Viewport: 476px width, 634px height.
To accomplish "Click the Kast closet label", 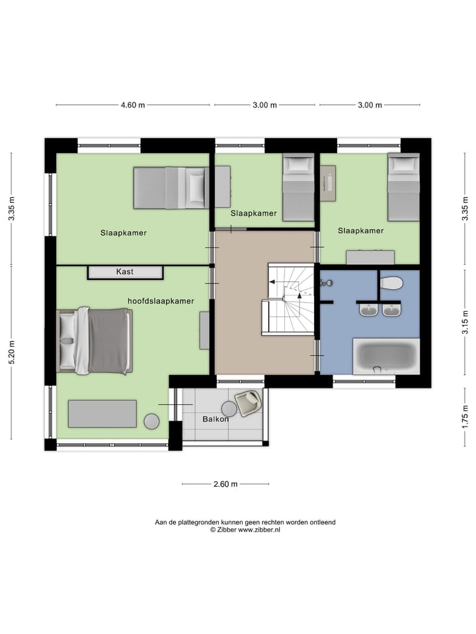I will point(125,271).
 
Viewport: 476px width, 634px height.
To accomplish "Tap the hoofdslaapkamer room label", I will point(161,300).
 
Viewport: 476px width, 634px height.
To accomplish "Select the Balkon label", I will point(216,419).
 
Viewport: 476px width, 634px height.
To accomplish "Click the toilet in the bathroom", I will point(391,283).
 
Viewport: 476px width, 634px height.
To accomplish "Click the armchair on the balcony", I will point(248,402).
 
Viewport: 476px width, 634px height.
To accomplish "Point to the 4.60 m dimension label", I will point(132,105).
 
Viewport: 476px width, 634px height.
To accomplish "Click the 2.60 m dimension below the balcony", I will point(225,484).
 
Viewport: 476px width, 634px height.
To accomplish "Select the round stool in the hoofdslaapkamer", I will point(151,421).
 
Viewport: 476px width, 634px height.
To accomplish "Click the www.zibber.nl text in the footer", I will point(258,530).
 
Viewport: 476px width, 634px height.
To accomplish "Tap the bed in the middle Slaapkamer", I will point(297,188).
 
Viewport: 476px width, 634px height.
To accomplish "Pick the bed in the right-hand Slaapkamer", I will point(403,188).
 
